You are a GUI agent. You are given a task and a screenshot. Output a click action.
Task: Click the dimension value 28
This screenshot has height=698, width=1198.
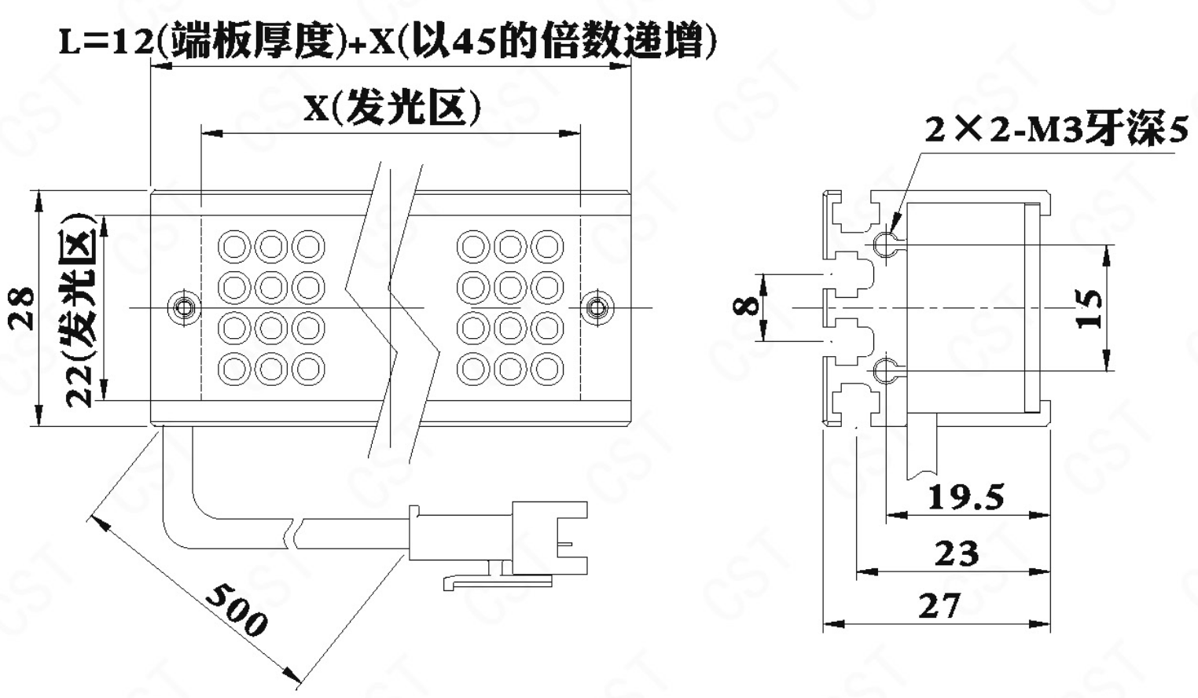[x=23, y=307]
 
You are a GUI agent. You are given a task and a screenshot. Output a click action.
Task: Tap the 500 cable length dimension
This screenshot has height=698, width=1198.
[x=236, y=609]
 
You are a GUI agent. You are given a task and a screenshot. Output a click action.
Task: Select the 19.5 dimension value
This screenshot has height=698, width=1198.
[x=966, y=497]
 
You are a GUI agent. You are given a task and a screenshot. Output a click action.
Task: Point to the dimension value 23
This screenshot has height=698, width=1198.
[x=957, y=553]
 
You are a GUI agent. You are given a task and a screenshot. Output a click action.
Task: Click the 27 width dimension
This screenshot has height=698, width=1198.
[x=939, y=606]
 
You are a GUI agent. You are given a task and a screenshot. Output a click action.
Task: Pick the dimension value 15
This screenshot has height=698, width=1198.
[x=1090, y=308]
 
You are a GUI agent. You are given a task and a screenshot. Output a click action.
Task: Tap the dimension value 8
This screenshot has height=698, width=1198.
[x=747, y=305]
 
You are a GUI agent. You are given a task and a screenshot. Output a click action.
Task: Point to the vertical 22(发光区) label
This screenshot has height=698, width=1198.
[x=80, y=309]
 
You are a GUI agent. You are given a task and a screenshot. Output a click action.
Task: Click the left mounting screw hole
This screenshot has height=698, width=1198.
[x=184, y=307]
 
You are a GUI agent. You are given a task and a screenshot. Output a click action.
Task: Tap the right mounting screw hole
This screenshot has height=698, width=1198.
[x=597, y=307]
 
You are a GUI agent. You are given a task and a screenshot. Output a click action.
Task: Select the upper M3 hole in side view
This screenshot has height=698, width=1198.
[x=884, y=244]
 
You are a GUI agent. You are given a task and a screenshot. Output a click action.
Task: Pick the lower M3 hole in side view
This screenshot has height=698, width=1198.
[x=884, y=369]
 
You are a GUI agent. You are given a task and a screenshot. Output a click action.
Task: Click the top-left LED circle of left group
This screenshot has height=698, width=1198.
[x=233, y=246]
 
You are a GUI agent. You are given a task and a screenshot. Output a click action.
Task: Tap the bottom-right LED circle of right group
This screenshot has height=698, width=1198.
[x=547, y=369]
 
